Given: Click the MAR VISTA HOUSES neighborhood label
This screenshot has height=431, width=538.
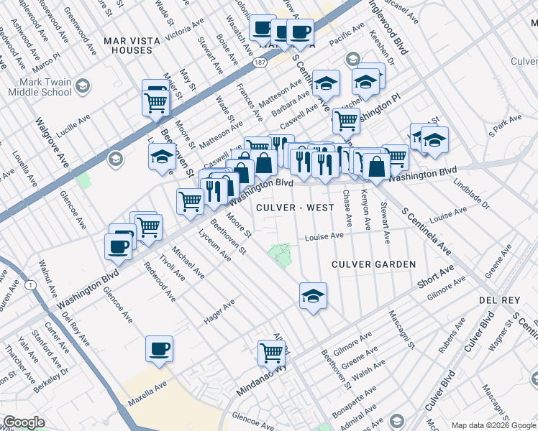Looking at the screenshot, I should pos(128,45).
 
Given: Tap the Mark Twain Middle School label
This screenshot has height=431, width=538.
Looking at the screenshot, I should pos(40,87).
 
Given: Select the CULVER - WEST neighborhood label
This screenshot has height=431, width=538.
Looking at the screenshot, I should pos(295,208).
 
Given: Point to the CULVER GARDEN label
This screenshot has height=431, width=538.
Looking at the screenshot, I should pos(373,264).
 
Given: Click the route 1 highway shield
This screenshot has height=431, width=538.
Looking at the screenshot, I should pos(30,285).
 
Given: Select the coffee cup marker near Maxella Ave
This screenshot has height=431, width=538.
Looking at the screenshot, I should pos(159,349).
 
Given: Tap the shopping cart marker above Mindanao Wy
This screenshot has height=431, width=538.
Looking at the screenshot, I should pos(272,352).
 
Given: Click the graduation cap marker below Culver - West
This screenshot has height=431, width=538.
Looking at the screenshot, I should pos(313,295).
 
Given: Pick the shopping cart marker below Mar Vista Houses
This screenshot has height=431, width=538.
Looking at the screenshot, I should pos(156,101).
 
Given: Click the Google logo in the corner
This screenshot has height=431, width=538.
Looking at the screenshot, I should pos(23,422).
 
